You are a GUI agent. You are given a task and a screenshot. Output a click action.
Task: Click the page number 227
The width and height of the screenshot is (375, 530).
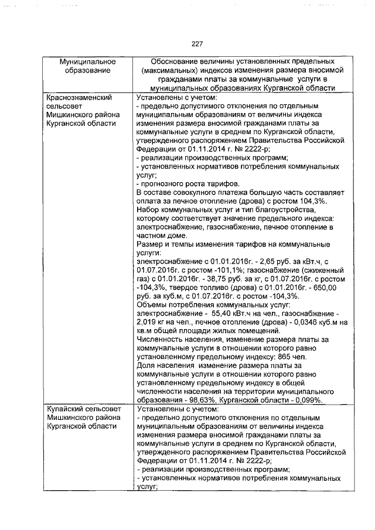coord(196,43)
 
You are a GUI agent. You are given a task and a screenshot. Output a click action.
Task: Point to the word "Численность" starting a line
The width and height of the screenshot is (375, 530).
coord(160,337)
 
